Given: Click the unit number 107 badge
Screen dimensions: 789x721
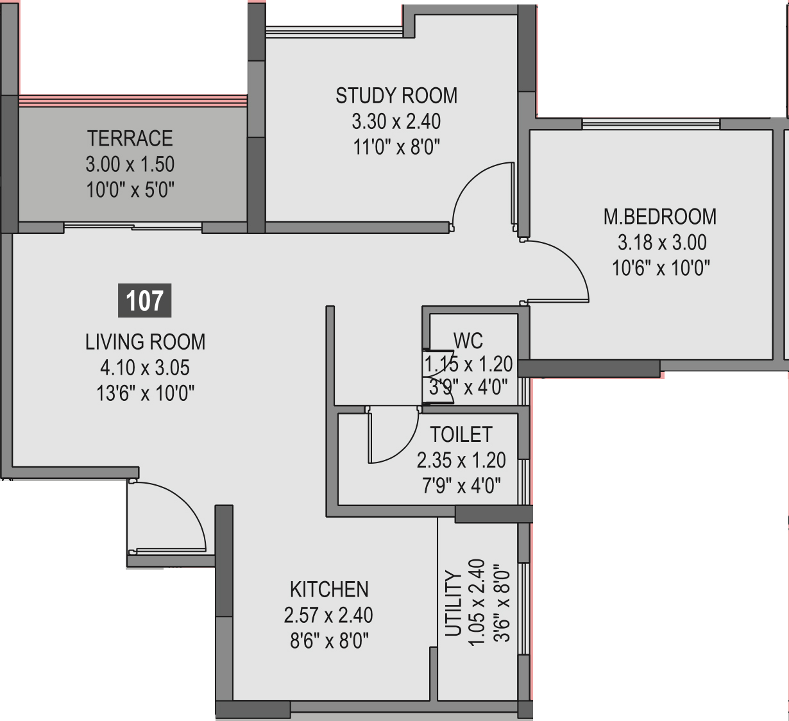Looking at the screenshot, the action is point(145,300).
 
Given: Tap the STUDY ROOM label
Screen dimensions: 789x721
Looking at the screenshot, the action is point(396,96).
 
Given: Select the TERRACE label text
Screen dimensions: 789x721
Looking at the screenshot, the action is point(130,139).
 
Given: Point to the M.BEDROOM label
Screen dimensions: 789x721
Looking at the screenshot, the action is point(660,217).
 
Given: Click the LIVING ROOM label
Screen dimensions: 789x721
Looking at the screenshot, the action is point(145,342).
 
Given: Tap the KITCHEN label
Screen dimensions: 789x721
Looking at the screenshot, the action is point(329,590).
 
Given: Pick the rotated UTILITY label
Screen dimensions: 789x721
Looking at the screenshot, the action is point(453,604).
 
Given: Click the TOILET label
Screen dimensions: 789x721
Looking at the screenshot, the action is point(461,434).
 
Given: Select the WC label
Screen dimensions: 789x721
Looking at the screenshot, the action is point(468,341).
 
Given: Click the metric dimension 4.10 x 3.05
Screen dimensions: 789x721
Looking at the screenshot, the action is point(145,368).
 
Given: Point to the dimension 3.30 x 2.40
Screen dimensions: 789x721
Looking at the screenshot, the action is point(396,121).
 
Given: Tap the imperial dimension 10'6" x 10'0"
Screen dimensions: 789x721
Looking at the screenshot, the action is point(661,268).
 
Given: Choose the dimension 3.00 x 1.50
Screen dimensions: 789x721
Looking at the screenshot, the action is point(130,164).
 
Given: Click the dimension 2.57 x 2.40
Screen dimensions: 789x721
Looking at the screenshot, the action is point(328,615).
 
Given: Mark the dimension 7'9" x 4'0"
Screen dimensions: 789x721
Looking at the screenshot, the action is point(461,486).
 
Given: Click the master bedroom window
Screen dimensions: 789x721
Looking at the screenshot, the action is point(651,123).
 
